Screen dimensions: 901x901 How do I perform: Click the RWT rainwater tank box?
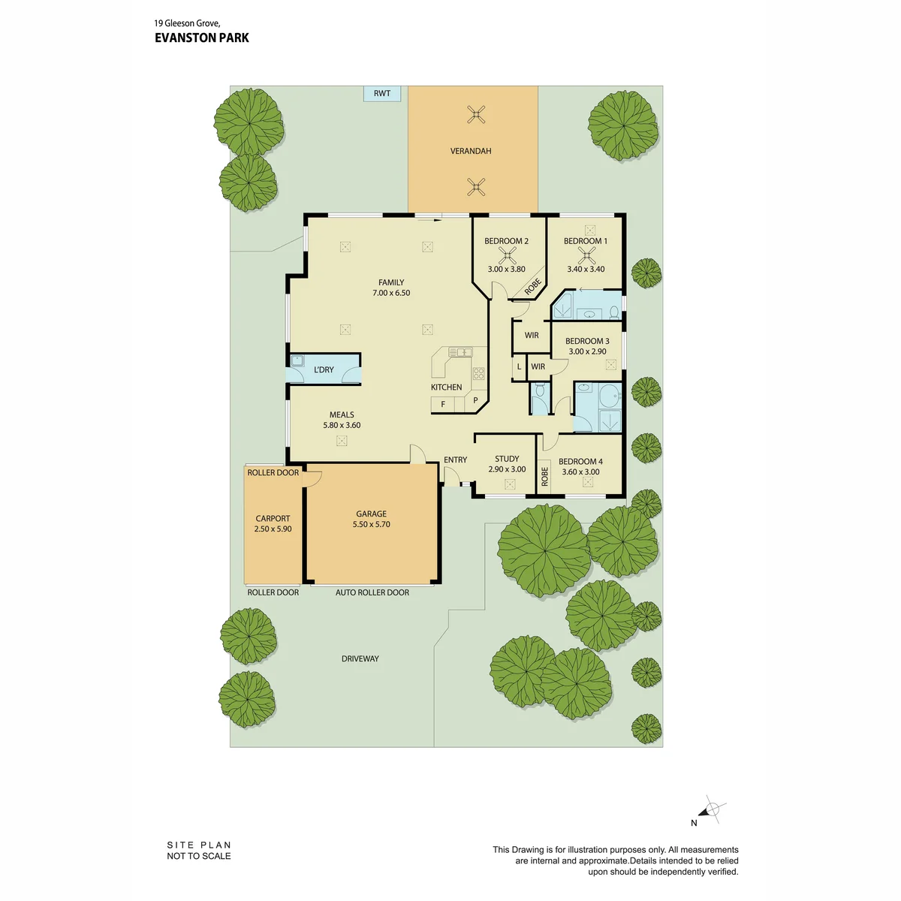(x=382, y=94)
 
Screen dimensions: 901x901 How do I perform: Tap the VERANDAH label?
(x=470, y=151)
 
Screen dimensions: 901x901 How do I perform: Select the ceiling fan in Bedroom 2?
(x=507, y=256)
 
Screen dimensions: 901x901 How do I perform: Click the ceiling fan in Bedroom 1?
(x=586, y=256)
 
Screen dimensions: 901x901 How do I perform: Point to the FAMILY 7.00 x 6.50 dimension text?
(x=391, y=293)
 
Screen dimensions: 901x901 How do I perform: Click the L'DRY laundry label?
(x=324, y=369)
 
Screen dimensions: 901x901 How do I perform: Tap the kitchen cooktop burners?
(x=478, y=372)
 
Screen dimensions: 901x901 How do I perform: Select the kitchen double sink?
(x=460, y=352)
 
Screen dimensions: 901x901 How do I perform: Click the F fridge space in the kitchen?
(x=443, y=404)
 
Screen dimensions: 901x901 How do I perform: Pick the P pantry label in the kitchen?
(x=475, y=400)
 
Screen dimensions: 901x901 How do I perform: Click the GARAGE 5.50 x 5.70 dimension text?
(x=371, y=524)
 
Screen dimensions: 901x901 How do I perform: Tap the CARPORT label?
(x=273, y=518)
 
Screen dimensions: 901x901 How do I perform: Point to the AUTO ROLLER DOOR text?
(x=372, y=592)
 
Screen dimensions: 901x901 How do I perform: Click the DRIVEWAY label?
(x=360, y=658)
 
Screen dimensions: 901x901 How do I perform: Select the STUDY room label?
(x=507, y=459)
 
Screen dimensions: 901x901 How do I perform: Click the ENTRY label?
(x=456, y=460)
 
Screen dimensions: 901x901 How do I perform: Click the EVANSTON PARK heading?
(x=202, y=38)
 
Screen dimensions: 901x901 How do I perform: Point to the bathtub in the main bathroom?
(x=610, y=396)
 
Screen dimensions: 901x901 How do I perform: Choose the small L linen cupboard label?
(x=519, y=366)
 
